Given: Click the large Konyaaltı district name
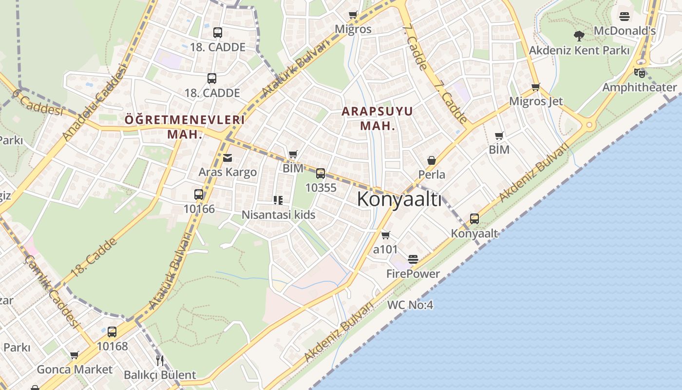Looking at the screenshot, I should pos(399,199).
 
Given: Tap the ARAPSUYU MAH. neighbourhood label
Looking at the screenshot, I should pos(377,118).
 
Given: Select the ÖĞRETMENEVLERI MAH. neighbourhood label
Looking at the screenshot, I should pos(185,126).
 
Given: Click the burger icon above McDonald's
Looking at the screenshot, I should pos(625,17).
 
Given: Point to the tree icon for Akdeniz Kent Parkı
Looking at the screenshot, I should pos(579,36).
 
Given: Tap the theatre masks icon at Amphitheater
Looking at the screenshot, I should pos(640,73).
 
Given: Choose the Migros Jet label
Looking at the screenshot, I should pos(536,101).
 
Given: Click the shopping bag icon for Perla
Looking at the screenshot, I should pos(431,160).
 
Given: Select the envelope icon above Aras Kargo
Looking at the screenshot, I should pos(227,157).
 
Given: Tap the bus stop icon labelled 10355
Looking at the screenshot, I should pos(321,173).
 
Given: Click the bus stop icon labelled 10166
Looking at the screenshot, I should pos(199,194).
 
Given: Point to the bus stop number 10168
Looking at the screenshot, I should pos(112,346).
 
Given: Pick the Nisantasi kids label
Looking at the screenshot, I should pos(279,214).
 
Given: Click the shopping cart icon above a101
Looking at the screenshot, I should pos(386,235).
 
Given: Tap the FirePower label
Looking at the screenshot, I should pos(413,273).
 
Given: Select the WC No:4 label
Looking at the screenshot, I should pos(410,305).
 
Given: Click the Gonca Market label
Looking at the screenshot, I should pos(75,369).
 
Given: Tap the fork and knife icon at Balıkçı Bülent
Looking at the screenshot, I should pos(160,360).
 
